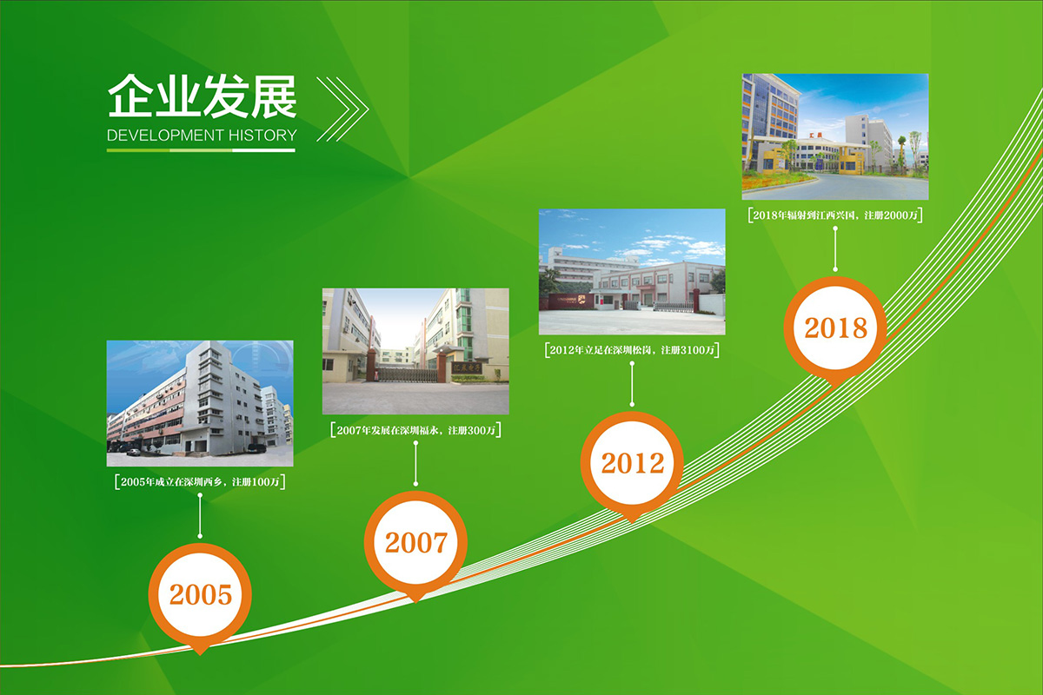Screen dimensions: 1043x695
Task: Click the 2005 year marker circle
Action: click(200, 595)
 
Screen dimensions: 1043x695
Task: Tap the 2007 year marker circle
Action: click(415, 543)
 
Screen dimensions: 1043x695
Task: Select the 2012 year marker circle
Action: click(632, 463)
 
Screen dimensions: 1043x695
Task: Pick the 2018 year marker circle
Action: click(835, 328)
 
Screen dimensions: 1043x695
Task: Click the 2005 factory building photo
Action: click(200, 403)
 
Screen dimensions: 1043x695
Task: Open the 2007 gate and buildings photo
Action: click(415, 351)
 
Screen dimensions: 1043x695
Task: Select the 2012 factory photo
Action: click(632, 271)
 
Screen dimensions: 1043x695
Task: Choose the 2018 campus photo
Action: click(835, 136)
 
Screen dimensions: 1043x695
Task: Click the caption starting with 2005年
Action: click(200, 481)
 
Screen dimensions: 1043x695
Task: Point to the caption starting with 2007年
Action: click(415, 430)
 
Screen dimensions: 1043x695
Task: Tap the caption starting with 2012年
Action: click(632, 349)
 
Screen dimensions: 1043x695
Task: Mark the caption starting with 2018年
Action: click(835, 215)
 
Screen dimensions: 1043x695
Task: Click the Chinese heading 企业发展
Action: click(202, 96)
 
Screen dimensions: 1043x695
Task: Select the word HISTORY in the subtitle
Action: click(262, 136)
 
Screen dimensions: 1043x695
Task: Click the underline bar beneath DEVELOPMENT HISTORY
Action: click(201, 150)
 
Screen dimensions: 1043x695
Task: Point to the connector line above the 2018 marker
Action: click(835, 248)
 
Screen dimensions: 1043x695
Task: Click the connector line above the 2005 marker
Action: click(200, 515)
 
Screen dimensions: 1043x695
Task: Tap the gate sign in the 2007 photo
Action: click(468, 368)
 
